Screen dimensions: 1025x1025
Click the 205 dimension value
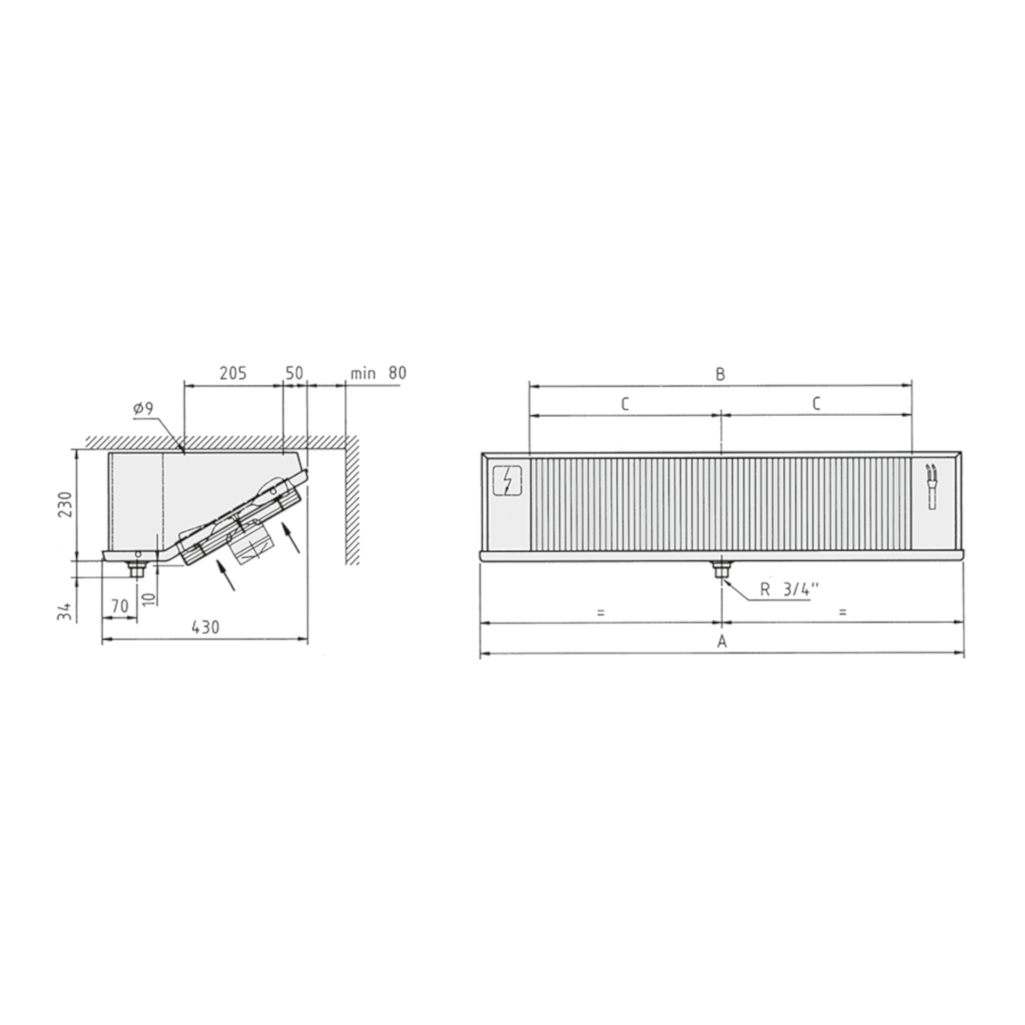[233, 373]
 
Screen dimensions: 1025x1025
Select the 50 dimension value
[294, 373]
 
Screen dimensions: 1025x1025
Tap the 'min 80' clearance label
[378, 373]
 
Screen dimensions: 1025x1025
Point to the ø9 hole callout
[143, 408]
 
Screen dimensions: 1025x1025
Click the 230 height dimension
[66, 504]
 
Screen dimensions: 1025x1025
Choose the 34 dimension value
[64, 612]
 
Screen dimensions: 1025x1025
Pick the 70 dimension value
[120, 606]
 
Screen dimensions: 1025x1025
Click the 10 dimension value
[150, 599]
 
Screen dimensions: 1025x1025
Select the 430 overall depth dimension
[205, 628]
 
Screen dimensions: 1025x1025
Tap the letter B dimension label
[720, 374]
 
